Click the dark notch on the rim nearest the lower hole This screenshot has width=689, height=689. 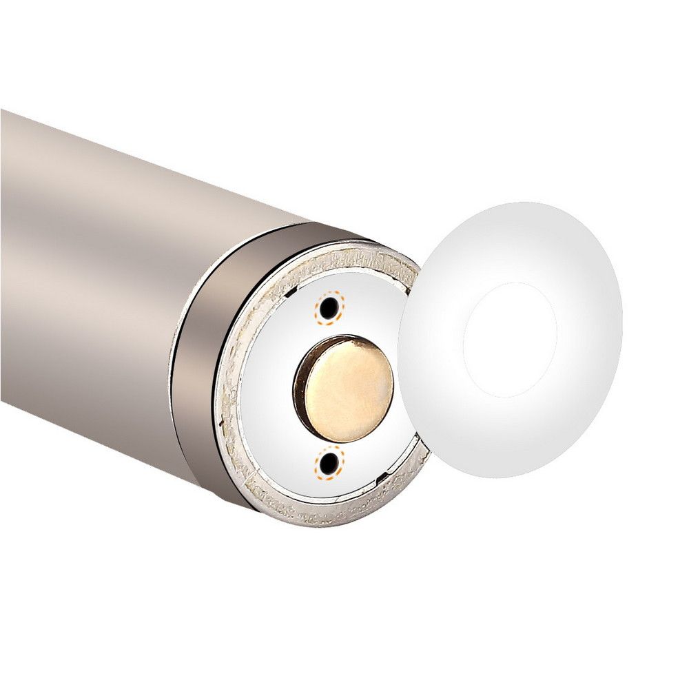coord(380,477)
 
